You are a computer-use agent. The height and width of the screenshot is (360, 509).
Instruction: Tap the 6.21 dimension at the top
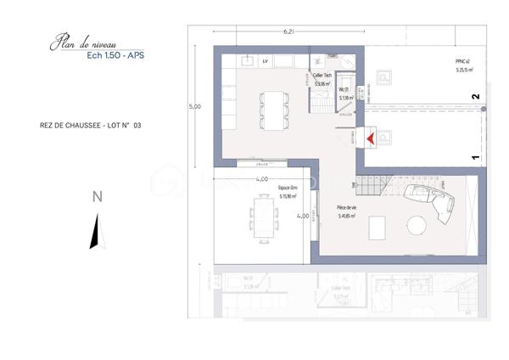288,32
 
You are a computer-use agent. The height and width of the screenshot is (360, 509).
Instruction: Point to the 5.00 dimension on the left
195,107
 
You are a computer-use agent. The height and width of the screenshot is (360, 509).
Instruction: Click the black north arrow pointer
96,231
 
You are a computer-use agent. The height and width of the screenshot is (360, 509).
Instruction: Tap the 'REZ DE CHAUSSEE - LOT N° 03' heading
91,126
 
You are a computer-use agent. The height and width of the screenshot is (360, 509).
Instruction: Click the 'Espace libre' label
288,190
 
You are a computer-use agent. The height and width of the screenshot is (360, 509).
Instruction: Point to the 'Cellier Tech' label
322,79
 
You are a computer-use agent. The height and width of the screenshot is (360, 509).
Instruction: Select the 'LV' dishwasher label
265,61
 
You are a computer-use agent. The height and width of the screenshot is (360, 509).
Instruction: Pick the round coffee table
417,225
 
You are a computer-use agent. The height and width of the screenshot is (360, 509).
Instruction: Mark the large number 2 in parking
476,98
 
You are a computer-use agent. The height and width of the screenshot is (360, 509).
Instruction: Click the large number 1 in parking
476,157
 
